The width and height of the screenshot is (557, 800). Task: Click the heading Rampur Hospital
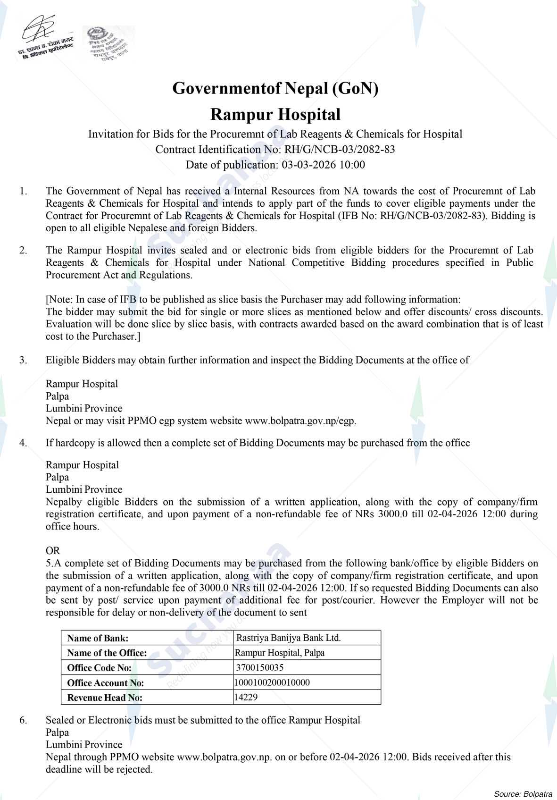(275, 114)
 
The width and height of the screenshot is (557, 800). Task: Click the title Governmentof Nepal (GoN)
(275, 88)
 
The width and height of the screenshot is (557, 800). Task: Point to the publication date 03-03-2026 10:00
(323, 165)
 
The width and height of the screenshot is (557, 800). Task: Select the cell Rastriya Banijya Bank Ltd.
(288, 638)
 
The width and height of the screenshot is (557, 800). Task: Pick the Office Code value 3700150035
(260, 667)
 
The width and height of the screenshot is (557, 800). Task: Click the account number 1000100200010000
(272, 682)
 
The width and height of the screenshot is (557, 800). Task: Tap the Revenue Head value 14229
(246, 697)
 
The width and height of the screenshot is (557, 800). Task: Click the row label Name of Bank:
(98, 638)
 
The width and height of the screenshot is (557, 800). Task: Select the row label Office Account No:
(106, 683)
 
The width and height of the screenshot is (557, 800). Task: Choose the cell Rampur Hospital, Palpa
(280, 653)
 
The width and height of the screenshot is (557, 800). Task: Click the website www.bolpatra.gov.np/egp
(300, 421)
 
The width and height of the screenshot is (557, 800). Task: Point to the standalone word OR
(53, 551)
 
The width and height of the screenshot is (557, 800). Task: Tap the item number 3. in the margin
(23, 360)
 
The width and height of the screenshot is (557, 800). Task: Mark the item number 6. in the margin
(23, 720)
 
